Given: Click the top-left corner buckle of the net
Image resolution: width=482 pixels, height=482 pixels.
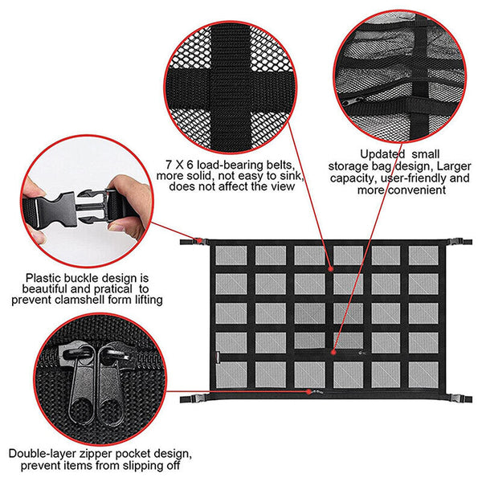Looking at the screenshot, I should [x=191, y=240].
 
